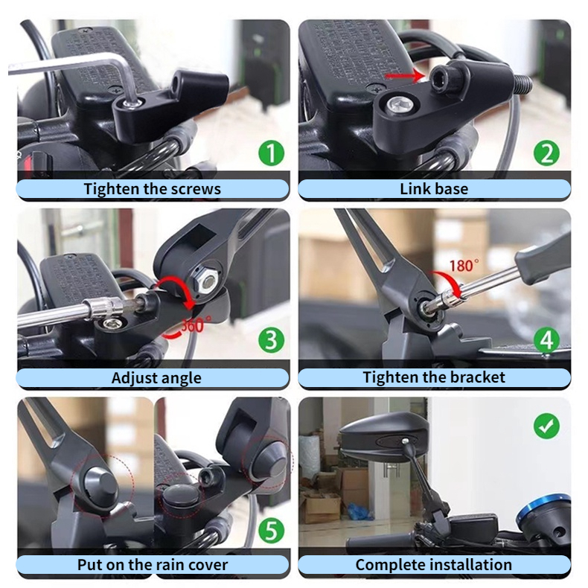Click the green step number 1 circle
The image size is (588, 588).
271,153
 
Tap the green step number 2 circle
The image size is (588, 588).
546,153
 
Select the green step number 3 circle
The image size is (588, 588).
271,340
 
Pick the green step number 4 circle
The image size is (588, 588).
546,340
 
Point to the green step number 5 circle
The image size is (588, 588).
271,530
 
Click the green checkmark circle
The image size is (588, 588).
546,426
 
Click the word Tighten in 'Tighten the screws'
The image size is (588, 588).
111,189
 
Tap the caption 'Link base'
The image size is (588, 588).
434,188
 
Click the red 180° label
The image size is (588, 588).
464,266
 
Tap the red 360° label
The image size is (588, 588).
196,325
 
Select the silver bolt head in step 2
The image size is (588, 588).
400,105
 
